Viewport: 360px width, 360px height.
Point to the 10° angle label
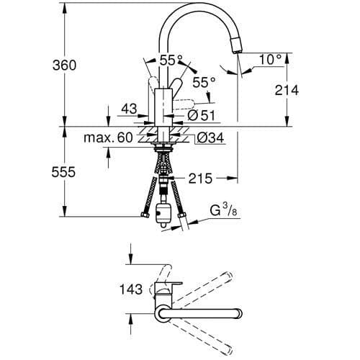[268, 60]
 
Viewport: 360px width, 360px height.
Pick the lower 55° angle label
[204, 84]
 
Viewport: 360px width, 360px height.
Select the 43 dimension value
[130, 109]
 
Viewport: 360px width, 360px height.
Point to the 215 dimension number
[202, 177]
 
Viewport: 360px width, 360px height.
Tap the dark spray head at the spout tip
[236, 45]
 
